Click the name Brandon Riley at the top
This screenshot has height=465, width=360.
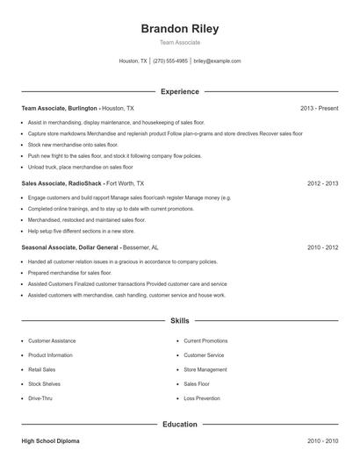(180, 28)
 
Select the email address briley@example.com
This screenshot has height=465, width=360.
(217, 61)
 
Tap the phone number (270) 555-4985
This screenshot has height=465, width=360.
(170, 61)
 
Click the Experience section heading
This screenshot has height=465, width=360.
(180, 91)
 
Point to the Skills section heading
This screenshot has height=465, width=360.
(180, 322)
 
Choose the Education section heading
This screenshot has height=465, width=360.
(180, 424)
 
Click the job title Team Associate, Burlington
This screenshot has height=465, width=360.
(59, 108)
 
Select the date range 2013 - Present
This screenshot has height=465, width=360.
(319, 108)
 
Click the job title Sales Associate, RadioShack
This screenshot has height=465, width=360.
(61, 183)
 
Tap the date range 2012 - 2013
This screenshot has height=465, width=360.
(323, 183)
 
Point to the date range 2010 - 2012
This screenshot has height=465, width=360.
(323, 247)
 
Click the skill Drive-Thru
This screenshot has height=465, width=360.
(40, 398)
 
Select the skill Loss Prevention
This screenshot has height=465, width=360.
(201, 398)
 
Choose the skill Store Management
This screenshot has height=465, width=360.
(205, 369)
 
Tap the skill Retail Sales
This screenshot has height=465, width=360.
(41, 369)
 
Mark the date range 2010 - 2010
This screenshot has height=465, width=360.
(323, 440)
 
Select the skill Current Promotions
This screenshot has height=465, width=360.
(205, 340)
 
